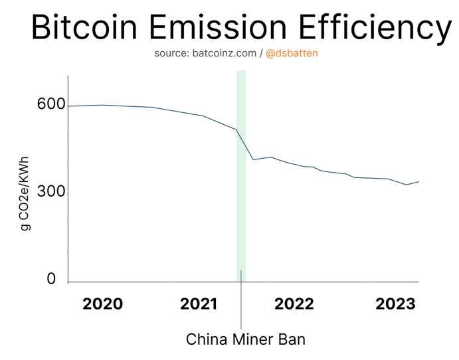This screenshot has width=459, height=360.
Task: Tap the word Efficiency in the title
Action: (x=373, y=28)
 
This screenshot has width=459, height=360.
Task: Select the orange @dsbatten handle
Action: (x=292, y=53)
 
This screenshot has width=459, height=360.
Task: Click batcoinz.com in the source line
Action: (x=224, y=53)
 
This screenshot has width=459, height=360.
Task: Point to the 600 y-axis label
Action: (x=51, y=104)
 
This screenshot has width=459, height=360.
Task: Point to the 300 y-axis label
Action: (x=51, y=191)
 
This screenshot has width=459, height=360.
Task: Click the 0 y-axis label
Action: (x=51, y=280)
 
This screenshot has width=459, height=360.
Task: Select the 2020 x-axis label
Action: (x=102, y=304)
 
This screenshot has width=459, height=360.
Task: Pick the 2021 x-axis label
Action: (x=199, y=304)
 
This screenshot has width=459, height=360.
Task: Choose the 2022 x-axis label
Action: (x=294, y=304)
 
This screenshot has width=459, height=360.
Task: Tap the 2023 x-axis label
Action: (x=395, y=304)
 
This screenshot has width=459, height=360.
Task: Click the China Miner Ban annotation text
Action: (x=245, y=339)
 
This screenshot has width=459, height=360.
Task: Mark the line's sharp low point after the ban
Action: (x=253, y=159)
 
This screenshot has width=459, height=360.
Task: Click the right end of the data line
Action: (x=418, y=181)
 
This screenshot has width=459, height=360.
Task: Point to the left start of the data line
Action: (x=69, y=106)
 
